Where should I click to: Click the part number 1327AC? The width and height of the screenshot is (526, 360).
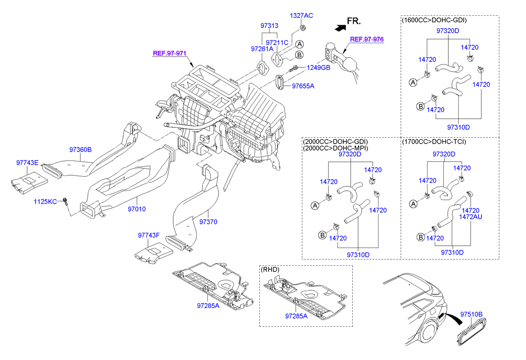click(x=301, y=15)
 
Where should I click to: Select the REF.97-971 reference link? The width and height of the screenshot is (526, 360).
click(x=169, y=53)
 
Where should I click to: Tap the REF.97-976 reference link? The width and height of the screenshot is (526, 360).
click(x=367, y=39)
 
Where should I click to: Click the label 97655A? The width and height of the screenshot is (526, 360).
click(x=303, y=86)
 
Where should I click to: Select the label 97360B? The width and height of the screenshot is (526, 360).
click(x=80, y=149)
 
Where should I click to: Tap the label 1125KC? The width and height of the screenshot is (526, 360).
click(x=46, y=202)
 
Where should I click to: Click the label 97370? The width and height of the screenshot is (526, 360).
click(x=208, y=221)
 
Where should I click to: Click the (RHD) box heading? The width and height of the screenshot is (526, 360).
click(x=270, y=269)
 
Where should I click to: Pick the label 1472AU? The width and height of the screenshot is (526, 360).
click(x=471, y=217)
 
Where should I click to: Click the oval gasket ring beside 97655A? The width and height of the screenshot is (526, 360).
click(x=280, y=82)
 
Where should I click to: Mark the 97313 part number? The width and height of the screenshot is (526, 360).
click(x=269, y=25)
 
